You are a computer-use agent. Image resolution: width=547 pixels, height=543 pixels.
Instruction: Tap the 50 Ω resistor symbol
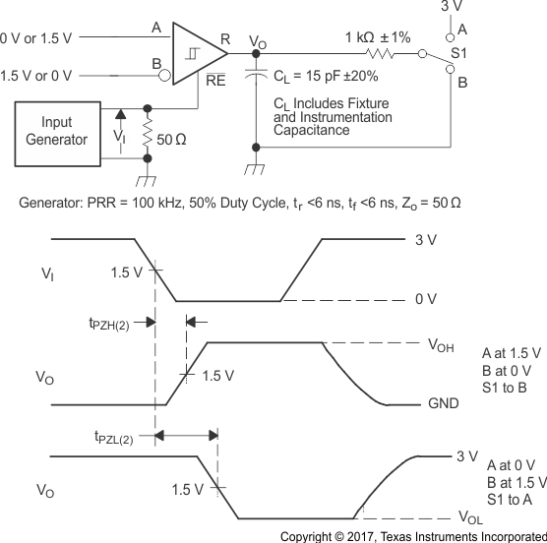(147, 132)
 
